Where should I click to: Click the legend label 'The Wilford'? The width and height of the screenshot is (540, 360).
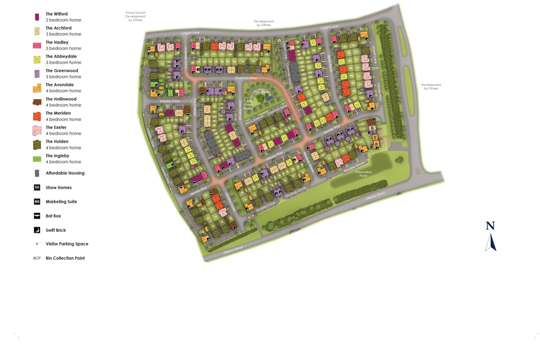[56, 14]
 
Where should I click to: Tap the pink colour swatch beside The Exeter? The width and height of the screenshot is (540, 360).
[37, 130]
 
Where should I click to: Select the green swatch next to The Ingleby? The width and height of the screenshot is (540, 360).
[37, 159]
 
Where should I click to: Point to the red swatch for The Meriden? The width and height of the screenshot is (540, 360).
[37, 116]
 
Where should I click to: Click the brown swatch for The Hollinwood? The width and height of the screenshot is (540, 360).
[37, 102]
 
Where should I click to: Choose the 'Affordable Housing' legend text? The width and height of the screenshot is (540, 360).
[65, 173]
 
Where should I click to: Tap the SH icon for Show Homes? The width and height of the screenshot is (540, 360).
[37, 187]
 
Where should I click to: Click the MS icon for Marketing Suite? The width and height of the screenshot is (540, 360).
[37, 201]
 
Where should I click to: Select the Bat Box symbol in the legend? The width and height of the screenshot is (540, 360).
[37, 216]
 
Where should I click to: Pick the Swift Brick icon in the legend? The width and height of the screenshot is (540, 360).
[37, 230]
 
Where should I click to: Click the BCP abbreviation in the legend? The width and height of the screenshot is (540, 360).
[37, 258]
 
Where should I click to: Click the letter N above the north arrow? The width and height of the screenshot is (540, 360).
[490, 226]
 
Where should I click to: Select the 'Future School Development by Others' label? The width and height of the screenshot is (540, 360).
[135, 16]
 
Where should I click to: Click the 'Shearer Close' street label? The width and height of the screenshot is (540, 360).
[170, 101]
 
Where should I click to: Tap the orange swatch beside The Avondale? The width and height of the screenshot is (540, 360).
[37, 87]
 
